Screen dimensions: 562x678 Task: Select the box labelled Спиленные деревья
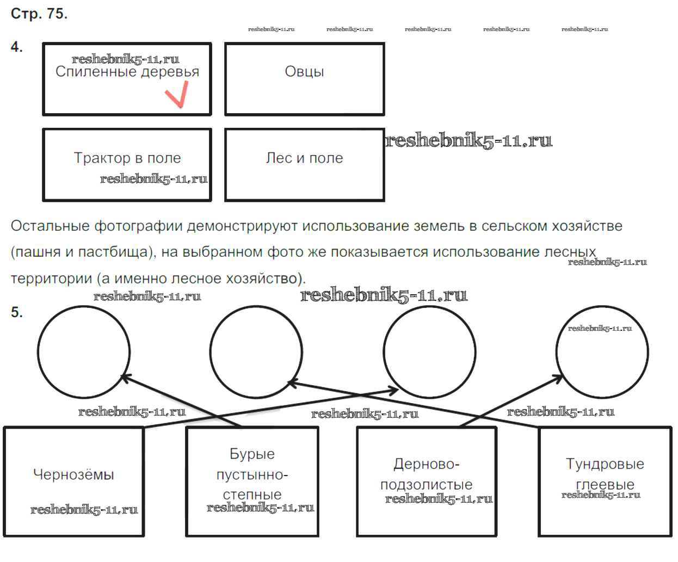(x=127, y=79)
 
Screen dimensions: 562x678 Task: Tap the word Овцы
(x=304, y=72)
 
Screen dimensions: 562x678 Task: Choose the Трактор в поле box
(x=127, y=164)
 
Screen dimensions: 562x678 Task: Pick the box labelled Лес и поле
(x=304, y=164)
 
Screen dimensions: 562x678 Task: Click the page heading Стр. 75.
(x=39, y=14)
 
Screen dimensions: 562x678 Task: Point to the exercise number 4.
(x=17, y=47)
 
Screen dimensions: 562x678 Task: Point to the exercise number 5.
(x=17, y=312)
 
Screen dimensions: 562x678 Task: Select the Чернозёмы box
(x=73, y=481)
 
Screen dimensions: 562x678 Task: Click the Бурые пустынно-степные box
(x=252, y=481)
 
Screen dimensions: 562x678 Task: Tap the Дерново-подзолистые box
(x=426, y=481)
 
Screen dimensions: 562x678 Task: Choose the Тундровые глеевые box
(x=605, y=481)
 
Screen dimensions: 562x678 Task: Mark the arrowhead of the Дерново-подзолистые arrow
(x=561, y=376)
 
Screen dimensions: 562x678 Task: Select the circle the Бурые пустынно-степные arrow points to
(x=84, y=351)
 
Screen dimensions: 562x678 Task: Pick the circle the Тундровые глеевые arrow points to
(x=256, y=351)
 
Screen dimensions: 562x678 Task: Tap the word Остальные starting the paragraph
(x=49, y=226)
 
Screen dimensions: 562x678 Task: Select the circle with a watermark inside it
(x=602, y=351)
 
